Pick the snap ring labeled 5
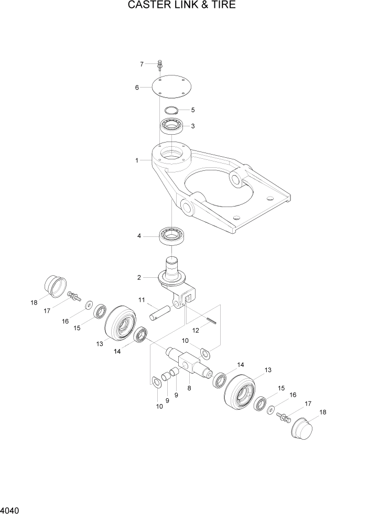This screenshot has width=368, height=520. tap(171, 111)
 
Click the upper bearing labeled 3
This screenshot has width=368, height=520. tap(171, 126)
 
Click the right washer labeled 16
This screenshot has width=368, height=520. tap(272, 409)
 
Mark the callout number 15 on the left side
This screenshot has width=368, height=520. tap(77, 328)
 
